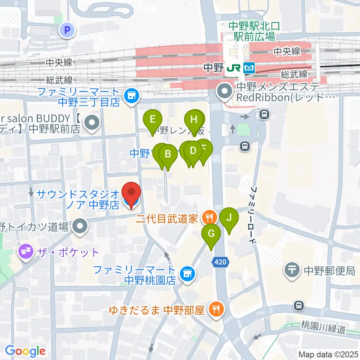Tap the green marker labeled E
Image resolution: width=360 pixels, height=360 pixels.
(153, 120)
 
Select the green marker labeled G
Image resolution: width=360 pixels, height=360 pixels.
(211, 234)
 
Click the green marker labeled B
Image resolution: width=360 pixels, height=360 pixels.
(168, 154)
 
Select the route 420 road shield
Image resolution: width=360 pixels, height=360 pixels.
(221, 262)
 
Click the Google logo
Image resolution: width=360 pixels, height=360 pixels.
(25, 351)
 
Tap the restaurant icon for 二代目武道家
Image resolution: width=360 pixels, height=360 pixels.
(208, 216)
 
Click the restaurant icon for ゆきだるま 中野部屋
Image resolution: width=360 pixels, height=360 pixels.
(216, 309)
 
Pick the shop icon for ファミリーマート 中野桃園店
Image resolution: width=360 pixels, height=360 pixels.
(186, 274)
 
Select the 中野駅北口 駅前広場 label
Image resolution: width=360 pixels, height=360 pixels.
(252, 31)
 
